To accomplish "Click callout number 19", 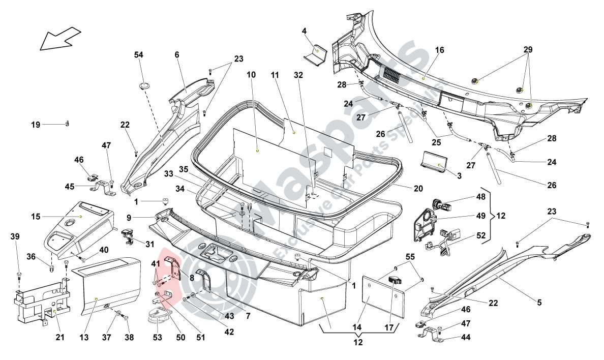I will [x=35, y=124].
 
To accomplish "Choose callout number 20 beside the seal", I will [x=418, y=189].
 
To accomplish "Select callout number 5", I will [x=539, y=303].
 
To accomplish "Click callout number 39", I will [x=15, y=237].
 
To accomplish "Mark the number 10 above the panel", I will [x=251, y=75].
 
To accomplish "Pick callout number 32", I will [x=298, y=75].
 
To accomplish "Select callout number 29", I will [x=528, y=50].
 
